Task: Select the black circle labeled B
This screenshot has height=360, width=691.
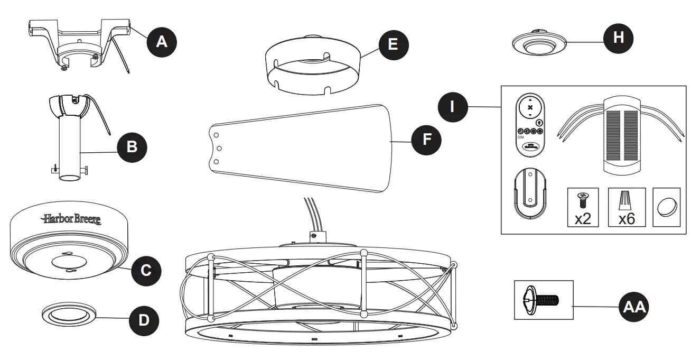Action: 132,146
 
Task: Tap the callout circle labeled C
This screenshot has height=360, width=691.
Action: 146,270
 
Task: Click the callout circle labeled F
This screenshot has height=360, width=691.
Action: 426,139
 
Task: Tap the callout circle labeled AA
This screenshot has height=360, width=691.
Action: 633,307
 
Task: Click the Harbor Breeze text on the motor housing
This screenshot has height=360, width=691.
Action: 72,218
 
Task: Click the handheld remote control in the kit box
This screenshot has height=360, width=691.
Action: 530,125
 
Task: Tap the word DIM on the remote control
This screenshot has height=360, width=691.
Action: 520,136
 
